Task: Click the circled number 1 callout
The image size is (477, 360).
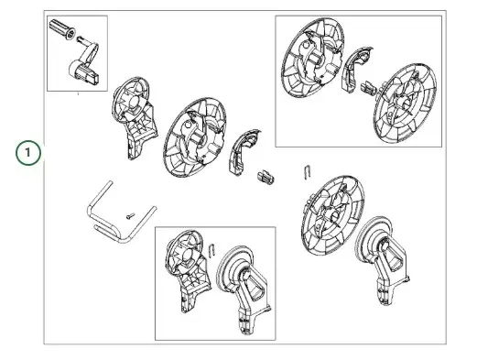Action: (28, 152)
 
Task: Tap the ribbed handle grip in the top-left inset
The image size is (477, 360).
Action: (62, 29)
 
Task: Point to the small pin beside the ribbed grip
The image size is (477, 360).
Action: (80, 39)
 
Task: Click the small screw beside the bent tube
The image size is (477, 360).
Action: (130, 216)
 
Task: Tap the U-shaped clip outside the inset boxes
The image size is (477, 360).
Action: (308, 172)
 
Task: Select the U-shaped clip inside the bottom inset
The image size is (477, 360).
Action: (212, 250)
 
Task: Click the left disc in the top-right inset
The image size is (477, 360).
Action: (312, 58)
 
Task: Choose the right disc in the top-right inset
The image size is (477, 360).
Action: (405, 104)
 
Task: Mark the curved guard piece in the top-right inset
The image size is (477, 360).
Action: (355, 69)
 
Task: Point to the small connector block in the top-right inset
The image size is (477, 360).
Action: (368, 89)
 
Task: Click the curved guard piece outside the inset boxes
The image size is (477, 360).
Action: (243, 152)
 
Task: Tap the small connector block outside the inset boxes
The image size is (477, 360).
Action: (266, 178)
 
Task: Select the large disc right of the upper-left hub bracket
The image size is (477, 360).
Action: (194, 137)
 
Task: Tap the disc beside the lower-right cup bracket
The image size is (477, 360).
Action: (332, 215)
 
